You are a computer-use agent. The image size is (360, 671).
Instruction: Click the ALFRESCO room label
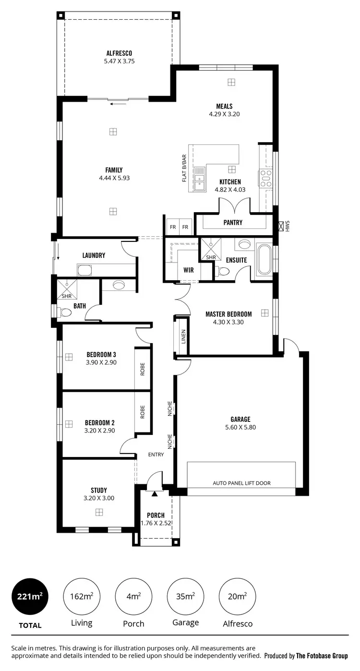(119, 53)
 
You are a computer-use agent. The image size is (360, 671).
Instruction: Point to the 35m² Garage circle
(185, 597)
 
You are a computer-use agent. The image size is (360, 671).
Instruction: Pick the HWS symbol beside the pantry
(281, 226)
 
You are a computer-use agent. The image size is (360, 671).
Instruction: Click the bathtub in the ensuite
(264, 259)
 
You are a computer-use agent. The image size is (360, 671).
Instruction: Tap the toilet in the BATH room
(65, 312)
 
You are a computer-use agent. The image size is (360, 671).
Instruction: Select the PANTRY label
(233, 223)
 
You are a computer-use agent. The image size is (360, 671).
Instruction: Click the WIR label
(189, 270)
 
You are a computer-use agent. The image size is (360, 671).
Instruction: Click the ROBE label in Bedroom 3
(143, 369)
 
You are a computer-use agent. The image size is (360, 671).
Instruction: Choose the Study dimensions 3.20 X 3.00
(99, 498)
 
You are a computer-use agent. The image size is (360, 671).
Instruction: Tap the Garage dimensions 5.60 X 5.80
(240, 427)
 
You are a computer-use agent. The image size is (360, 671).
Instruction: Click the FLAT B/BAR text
(184, 168)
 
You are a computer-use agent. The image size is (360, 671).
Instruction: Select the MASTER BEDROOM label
(228, 314)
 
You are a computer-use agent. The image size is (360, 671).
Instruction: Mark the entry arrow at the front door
(155, 493)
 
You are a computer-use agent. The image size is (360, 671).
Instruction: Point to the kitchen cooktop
(265, 178)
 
